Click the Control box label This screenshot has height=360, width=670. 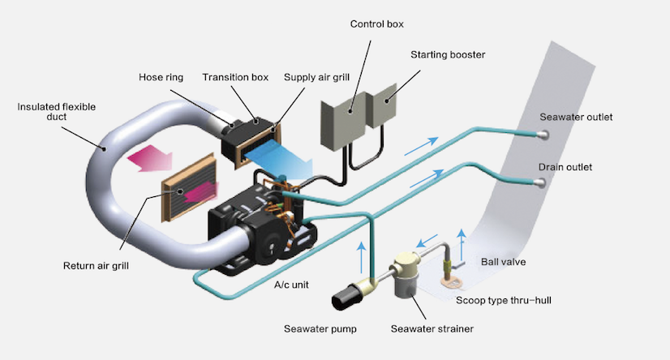click(x=378, y=24)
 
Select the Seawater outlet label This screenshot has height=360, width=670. click(x=576, y=117)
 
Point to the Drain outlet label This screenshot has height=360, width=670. click(x=565, y=167)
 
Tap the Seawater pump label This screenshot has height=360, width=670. click(x=320, y=328)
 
